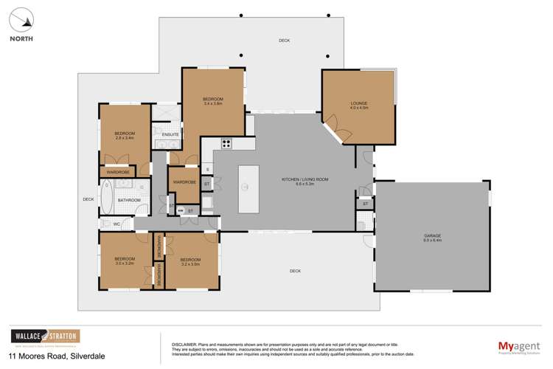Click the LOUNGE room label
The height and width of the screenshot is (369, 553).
pyautogui.click(x=358, y=105)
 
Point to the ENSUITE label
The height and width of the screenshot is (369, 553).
pyautogui.click(x=170, y=134)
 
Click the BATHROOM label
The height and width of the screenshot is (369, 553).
pyautogui.click(x=129, y=200)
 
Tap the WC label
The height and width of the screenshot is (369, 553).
pyautogui.click(x=116, y=224)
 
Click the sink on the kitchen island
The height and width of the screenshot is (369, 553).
pyautogui.click(x=244, y=186)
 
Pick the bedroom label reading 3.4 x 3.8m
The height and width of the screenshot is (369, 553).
pyautogui.click(x=213, y=101)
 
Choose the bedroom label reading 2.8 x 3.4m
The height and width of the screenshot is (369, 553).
pyautogui.click(x=125, y=135)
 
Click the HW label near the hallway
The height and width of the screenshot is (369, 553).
pyautogui.click(x=180, y=211)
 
